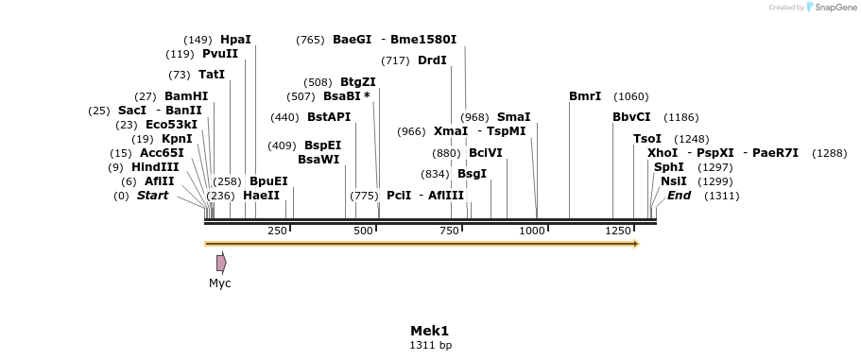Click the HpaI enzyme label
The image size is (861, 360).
tap(235, 40)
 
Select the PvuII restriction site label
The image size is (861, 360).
tap(220, 54)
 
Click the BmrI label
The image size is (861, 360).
tap(585, 96)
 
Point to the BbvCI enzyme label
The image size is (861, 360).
tap(631, 117)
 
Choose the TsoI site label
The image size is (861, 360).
tap(647, 139)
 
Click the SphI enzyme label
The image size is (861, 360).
tap(668, 167)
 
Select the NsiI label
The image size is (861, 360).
tap(673, 181)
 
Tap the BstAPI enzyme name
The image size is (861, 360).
tap(329, 117)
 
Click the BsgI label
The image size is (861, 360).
tap(472, 174)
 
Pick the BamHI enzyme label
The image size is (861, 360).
tap(186, 96)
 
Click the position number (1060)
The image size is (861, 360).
tap(631, 96)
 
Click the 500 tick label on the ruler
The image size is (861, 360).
tap(363, 231)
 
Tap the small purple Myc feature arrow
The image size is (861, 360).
tap(221, 263)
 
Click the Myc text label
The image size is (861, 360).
tap(220, 283)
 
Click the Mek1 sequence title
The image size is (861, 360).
tap(430, 331)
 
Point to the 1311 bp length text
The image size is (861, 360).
tap(430, 346)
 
